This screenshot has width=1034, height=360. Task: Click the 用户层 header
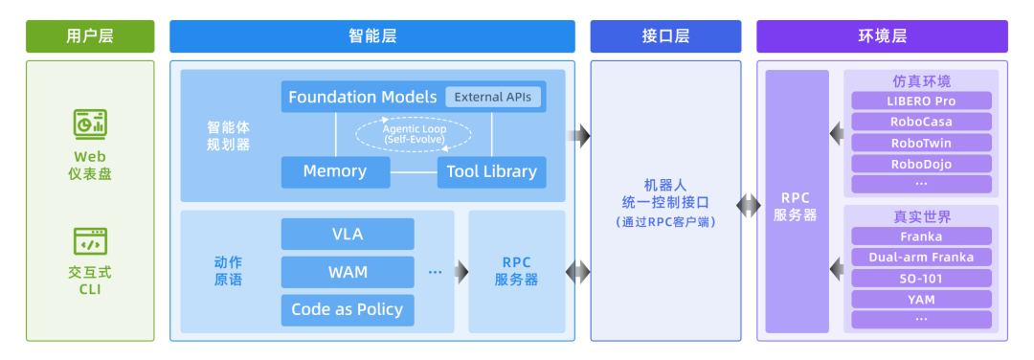coord(90,36)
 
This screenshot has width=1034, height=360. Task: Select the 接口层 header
coord(665,36)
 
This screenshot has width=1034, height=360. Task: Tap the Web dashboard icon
coord(90,123)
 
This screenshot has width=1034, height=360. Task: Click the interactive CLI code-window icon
coord(90,242)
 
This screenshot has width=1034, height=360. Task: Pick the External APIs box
coord(493,97)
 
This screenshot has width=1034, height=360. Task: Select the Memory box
coord(335,171)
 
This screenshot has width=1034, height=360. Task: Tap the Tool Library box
coord(492,171)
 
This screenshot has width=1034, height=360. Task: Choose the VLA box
coord(348,234)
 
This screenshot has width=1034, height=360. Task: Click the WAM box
coord(348,272)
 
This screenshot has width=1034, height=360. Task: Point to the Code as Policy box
coord(348,310)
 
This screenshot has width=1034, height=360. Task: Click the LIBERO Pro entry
coord(921,101)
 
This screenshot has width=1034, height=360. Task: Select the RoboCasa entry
coord(921,122)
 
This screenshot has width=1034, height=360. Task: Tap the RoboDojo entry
coord(921,164)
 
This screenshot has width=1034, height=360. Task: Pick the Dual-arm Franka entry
coord(921,258)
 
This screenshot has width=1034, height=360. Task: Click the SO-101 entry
coord(921,279)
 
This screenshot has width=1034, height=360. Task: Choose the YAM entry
coord(921,300)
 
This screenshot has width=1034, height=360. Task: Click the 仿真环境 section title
coord(921,81)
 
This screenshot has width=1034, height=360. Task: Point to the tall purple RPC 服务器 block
coord(797,201)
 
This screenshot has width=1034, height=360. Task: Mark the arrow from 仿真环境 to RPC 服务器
coord(837,134)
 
